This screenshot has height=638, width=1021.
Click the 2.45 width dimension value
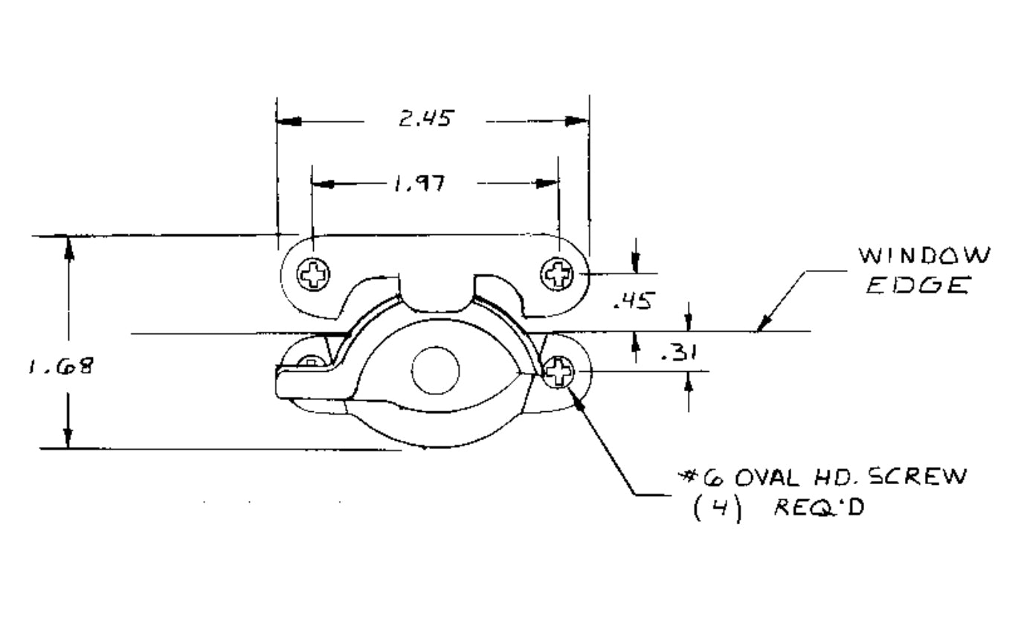click(425, 119)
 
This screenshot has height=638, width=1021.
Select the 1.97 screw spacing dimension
click(419, 183)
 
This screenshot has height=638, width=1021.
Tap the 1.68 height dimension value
click(61, 366)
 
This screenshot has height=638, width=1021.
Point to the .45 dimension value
click(634, 300)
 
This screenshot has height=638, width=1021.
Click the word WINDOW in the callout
click(924, 256)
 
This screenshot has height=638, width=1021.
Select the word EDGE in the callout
click(919, 286)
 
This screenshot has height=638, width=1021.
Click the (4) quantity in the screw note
click(717, 509)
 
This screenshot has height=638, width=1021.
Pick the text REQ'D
click(819, 509)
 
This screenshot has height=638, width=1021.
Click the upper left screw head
click(313, 275)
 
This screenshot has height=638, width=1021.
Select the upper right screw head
click(557, 274)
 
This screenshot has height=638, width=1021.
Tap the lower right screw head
click(558, 371)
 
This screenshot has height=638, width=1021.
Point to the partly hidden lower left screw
click(311, 362)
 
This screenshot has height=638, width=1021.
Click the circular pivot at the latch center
click(436, 370)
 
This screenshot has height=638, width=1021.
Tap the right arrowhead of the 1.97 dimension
click(548, 184)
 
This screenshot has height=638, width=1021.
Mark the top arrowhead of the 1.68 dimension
click(68, 248)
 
